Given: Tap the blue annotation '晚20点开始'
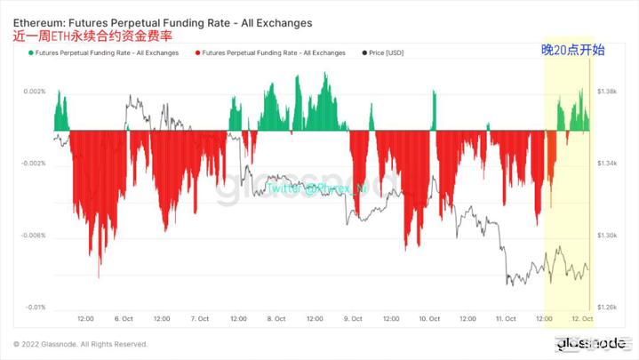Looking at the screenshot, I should (x=572, y=51).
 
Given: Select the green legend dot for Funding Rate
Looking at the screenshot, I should (x=31, y=53).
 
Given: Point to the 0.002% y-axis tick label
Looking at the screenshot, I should (x=34, y=92).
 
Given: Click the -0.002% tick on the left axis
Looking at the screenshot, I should (x=33, y=164).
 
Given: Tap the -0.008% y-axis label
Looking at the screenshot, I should (x=33, y=236).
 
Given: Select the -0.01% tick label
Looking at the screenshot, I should (x=35, y=308).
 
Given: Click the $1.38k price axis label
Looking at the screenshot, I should (x=608, y=92).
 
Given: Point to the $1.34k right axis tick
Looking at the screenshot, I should (x=608, y=164).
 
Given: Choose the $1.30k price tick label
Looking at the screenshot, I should (x=608, y=236).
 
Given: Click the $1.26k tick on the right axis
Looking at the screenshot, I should (x=608, y=308).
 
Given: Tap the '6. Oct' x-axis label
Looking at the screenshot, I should (x=124, y=319).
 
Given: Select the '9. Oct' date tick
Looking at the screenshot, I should (x=353, y=319).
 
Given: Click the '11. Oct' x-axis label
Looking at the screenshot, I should (x=506, y=319).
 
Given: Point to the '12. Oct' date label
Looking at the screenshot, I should (x=582, y=319).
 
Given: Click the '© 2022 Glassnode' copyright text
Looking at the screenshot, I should (x=81, y=344).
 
